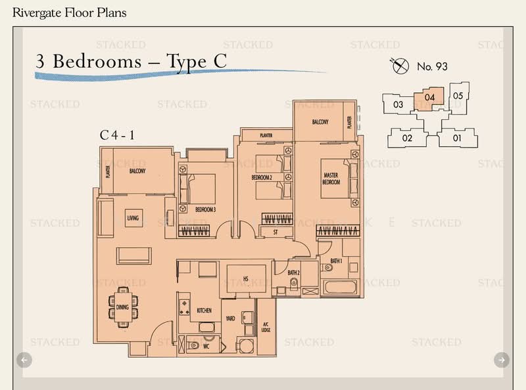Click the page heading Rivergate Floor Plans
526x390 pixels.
[65, 13]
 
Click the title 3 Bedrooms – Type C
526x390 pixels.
[131, 61]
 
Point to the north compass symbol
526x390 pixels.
[397, 65]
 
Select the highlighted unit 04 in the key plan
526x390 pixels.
[430, 97]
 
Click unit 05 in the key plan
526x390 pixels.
[458, 96]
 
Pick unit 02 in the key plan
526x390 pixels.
[407, 138]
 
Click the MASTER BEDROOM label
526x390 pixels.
[331, 179]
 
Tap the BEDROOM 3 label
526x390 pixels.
[205, 209]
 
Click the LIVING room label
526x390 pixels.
[133, 218]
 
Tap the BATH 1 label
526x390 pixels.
[336, 262]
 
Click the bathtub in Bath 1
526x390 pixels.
[339, 287]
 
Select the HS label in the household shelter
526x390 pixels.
[246, 279]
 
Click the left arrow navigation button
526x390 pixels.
[24, 359]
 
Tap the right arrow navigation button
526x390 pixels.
[501, 359]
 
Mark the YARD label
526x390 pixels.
[230, 318]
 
